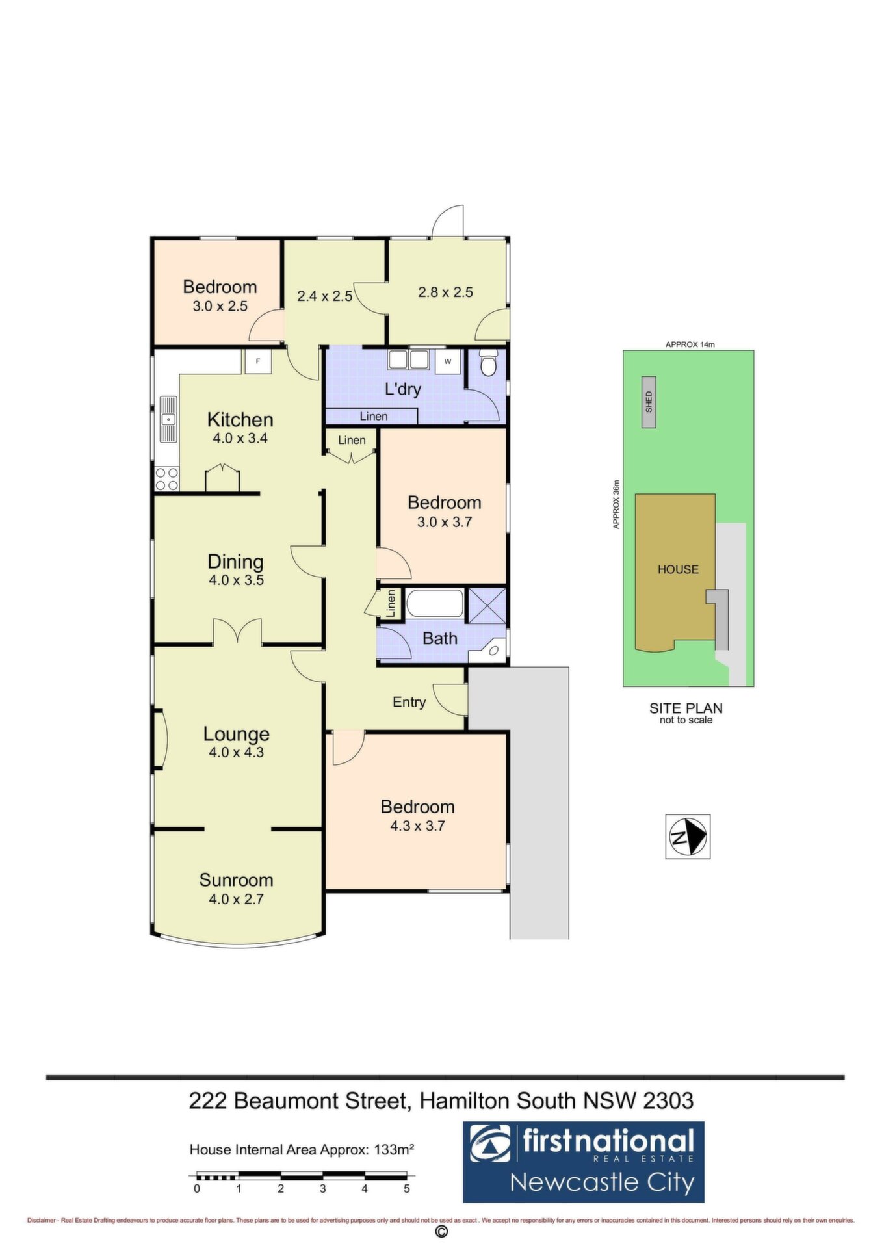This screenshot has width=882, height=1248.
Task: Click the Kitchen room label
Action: (240, 420)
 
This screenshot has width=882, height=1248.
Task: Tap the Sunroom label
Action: (236, 880)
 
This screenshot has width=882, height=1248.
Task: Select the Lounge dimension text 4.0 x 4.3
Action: (236, 753)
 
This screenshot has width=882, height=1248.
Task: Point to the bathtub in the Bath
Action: (435, 603)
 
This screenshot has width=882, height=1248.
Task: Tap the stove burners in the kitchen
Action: (167, 479)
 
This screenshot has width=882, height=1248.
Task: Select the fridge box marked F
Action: (258, 361)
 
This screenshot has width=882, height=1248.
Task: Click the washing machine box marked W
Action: (447, 361)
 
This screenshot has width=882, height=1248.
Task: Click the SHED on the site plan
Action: (649, 402)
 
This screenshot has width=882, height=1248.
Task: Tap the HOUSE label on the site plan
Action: (678, 569)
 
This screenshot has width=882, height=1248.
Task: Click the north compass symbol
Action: (688, 837)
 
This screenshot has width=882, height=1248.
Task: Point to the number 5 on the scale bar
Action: (407, 1189)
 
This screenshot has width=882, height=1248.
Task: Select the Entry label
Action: (409, 703)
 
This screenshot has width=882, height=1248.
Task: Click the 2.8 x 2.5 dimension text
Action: (445, 292)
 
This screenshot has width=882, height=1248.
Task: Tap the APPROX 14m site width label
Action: (690, 344)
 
